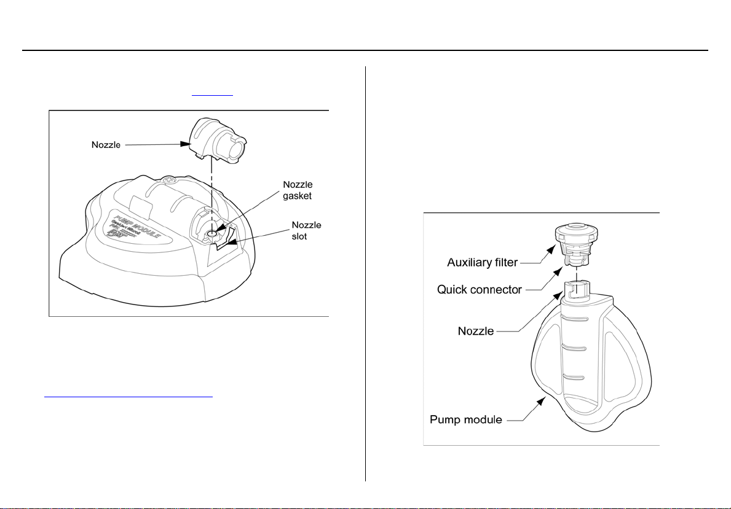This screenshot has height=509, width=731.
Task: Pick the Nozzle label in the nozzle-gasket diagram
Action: (x=103, y=145)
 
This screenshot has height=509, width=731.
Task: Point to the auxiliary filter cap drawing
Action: (x=576, y=233)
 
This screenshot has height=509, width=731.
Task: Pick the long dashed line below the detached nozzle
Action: (x=211, y=196)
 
